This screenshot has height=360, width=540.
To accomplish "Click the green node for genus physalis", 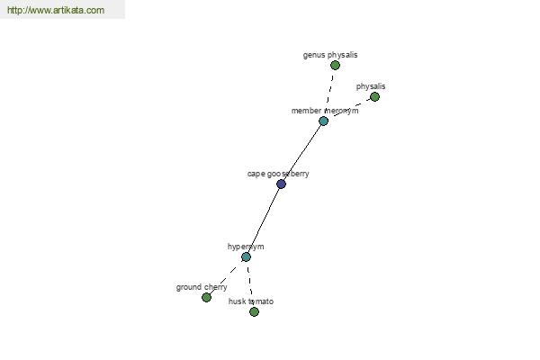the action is [x=335, y=65].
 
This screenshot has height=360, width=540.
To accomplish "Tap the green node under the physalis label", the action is [x=374, y=97].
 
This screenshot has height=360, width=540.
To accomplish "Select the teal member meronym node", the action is [x=323, y=121].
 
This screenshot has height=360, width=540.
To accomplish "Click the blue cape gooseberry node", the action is [x=281, y=184].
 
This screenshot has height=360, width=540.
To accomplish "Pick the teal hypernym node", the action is [x=246, y=256].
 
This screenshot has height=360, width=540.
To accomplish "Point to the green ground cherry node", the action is [x=206, y=297].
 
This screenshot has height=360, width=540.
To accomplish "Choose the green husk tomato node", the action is [x=254, y=311].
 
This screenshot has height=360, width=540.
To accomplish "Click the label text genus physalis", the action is [x=330, y=55].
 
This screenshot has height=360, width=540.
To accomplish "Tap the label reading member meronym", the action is [x=325, y=111].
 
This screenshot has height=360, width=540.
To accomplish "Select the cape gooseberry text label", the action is [x=278, y=174].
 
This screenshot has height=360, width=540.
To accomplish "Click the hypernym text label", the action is [x=246, y=247].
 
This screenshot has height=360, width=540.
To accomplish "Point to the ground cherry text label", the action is [x=202, y=287].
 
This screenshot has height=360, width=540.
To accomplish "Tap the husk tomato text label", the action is [x=251, y=301].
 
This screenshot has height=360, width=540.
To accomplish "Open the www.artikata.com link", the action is [x=56, y=10].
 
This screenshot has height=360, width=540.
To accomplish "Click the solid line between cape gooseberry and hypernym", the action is [x=264, y=220].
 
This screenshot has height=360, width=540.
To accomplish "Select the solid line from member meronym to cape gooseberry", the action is [x=302, y=152].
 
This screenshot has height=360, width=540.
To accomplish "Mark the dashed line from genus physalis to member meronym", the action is [x=330, y=90].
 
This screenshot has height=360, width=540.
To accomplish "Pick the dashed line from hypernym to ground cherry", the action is [x=224, y=279].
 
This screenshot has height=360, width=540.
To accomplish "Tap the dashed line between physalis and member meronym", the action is [x=351, y=108].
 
